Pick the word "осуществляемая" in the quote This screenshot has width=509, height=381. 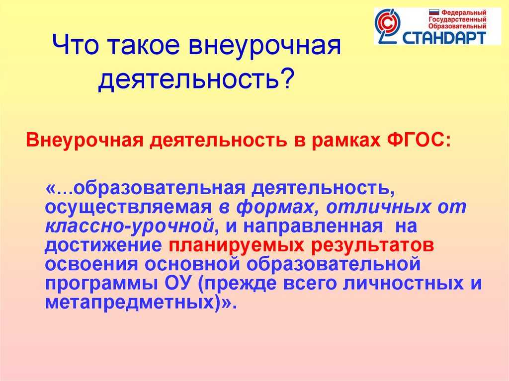128,208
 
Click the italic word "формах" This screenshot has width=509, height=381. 275,207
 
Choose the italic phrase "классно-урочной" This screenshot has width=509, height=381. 130,227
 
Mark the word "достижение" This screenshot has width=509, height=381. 103,246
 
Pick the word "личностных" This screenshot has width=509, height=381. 403,283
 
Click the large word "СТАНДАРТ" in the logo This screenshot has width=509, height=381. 444,37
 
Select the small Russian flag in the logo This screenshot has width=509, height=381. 433,12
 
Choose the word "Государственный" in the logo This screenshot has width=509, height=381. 457,20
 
